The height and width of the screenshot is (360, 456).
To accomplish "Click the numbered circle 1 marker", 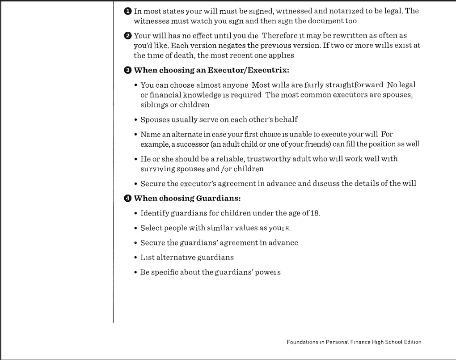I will (128, 11).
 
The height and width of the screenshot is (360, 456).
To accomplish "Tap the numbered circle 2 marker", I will (128, 36).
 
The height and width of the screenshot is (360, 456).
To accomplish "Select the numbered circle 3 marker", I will (128, 70).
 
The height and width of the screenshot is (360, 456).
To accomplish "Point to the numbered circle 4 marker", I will (128, 198).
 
